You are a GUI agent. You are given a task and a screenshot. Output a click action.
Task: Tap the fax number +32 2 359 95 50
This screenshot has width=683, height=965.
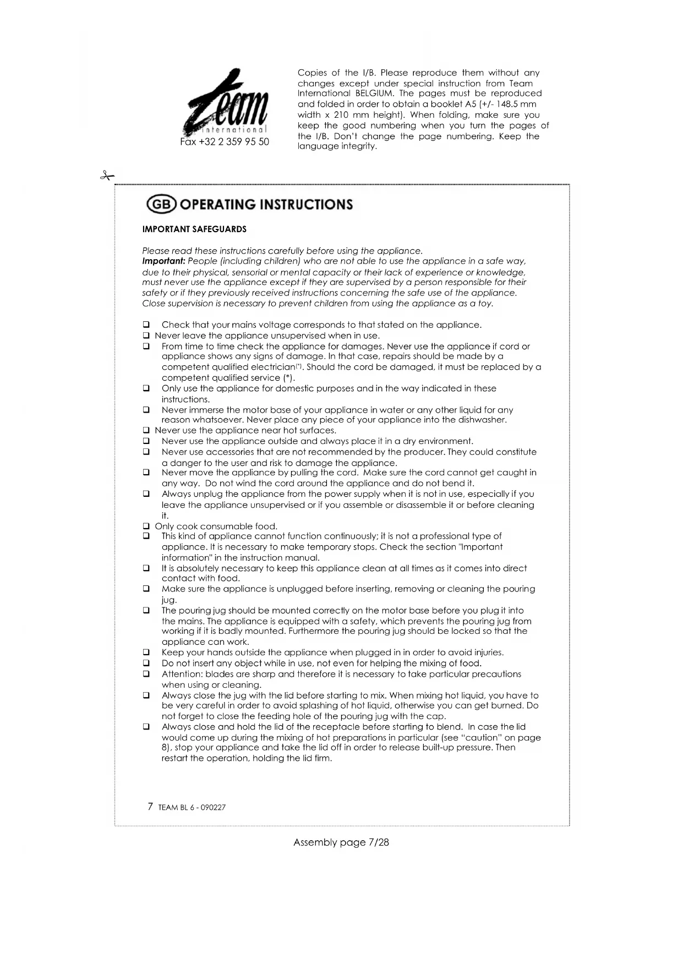[225, 142]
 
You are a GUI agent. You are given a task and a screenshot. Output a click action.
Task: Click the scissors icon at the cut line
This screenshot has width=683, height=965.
[107, 176]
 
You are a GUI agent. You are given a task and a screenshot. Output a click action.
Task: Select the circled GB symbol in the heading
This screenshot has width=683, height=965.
[161, 205]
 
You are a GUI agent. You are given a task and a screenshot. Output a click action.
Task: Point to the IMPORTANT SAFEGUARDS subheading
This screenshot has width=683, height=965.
[194, 229]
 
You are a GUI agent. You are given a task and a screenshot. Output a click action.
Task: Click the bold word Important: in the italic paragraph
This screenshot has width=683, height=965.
[163, 261]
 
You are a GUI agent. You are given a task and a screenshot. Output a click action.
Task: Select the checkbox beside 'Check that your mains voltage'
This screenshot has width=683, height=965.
[146, 325]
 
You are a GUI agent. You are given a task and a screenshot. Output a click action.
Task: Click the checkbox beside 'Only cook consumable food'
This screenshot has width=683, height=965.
[146, 526]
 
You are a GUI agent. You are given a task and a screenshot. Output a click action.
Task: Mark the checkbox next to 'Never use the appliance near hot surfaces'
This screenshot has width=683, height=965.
[146, 430]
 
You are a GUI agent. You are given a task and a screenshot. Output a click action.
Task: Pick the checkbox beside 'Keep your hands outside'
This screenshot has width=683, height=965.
[146, 653]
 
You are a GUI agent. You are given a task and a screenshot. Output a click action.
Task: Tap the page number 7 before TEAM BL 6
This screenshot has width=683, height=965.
[150, 807]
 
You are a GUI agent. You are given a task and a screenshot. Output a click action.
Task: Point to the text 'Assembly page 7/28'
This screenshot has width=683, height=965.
[341, 842]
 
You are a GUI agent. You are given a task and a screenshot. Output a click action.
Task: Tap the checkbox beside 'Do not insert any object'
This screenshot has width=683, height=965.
[146, 663]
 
